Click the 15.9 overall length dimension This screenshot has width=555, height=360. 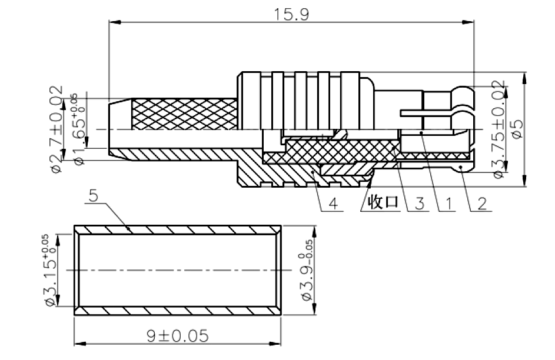tap(291, 15)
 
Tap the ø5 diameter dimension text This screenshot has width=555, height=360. tap(517, 129)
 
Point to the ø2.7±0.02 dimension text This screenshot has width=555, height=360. tap(57, 129)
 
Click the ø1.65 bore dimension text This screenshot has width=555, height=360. tap(79, 129)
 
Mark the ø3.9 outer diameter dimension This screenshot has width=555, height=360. tap(307, 270)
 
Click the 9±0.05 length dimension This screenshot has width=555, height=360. tap(178, 336)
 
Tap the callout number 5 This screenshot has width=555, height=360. tap(93, 195)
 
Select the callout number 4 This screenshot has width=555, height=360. tap(334, 204)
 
